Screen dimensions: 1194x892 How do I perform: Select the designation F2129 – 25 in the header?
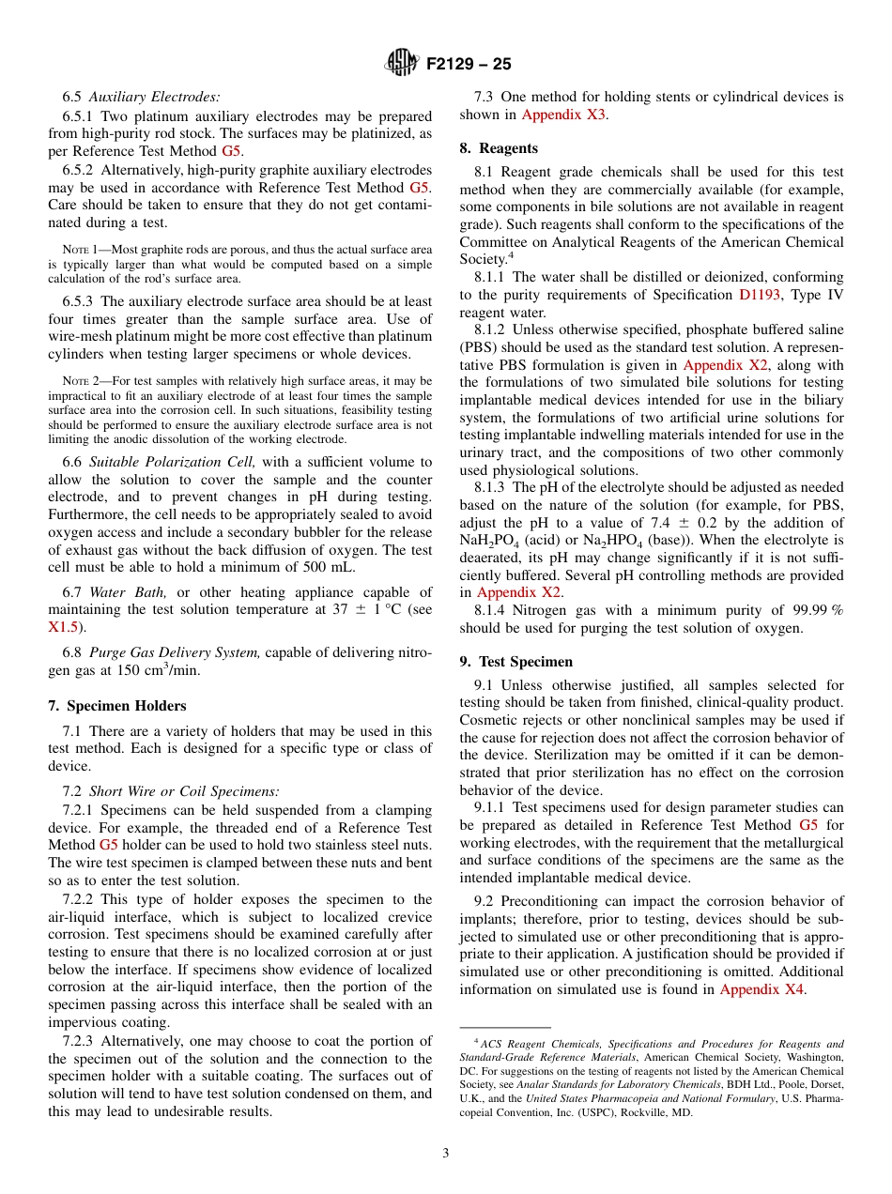point(469,65)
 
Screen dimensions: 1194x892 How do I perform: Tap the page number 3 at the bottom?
point(446,1153)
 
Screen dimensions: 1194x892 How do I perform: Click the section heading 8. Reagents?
point(499,148)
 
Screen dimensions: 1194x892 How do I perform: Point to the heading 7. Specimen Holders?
point(117,706)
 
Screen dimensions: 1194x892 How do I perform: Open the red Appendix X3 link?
point(563,115)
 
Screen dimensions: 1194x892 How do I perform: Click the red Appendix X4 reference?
point(761,989)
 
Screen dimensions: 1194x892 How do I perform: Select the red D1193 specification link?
point(761,295)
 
